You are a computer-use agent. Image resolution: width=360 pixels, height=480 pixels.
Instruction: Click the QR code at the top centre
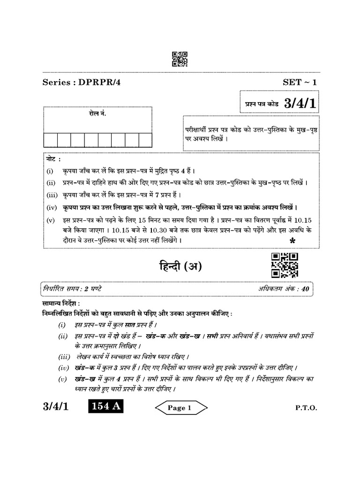pyautogui.click(x=180, y=59)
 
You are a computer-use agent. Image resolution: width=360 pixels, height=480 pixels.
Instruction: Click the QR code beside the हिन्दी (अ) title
pyautogui.click(x=285, y=265)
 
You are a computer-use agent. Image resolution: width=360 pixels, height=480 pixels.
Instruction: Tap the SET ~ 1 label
pyautogui.click(x=300, y=82)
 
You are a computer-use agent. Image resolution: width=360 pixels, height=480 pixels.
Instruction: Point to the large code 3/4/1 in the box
pyautogui.click(x=300, y=104)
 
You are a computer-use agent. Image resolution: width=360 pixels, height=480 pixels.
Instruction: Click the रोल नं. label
pyautogui.click(x=97, y=114)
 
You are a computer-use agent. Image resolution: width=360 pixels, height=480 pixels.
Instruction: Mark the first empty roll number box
pyautogui.click(x=51, y=140)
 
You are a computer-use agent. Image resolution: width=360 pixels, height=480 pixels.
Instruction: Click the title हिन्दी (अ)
pyautogui.click(x=180, y=266)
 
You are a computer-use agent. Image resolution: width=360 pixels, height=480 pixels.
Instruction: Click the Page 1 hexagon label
pyautogui.click(x=180, y=408)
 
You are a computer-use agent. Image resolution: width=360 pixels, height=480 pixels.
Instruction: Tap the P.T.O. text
pyautogui.click(x=306, y=408)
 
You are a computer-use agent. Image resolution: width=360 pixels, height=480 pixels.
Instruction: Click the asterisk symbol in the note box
pyautogui.click(x=292, y=241)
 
